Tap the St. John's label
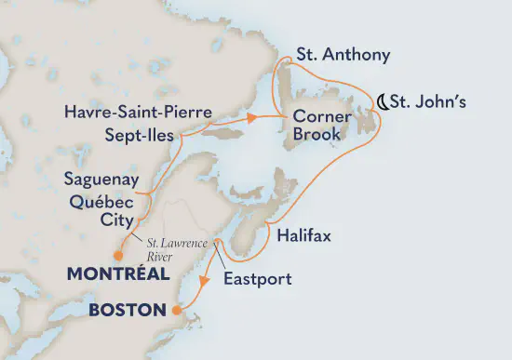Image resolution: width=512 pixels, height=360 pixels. click(x=431, y=100)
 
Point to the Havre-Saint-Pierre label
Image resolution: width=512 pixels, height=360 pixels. click(x=137, y=113)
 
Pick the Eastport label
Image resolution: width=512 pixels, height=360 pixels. click(x=258, y=278)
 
